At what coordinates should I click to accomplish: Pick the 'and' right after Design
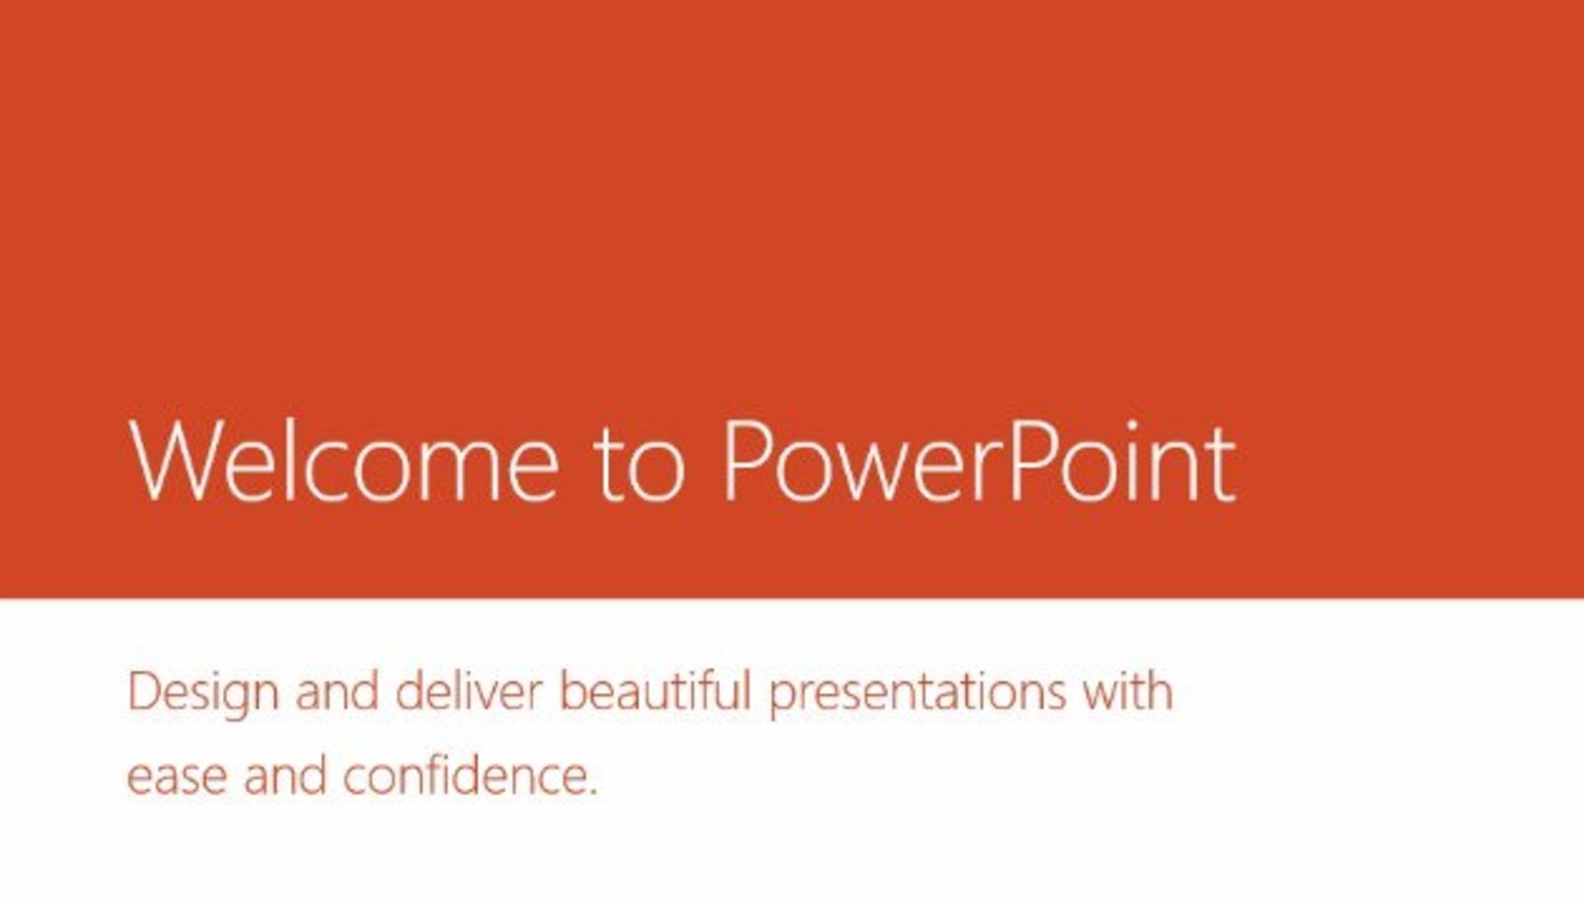(337, 691)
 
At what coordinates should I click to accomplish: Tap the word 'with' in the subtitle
(1128, 691)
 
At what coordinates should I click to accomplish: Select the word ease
(177, 779)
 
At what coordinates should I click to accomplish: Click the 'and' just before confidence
(285, 775)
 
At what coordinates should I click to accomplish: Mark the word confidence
(462, 775)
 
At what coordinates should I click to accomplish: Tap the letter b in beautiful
(576, 691)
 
